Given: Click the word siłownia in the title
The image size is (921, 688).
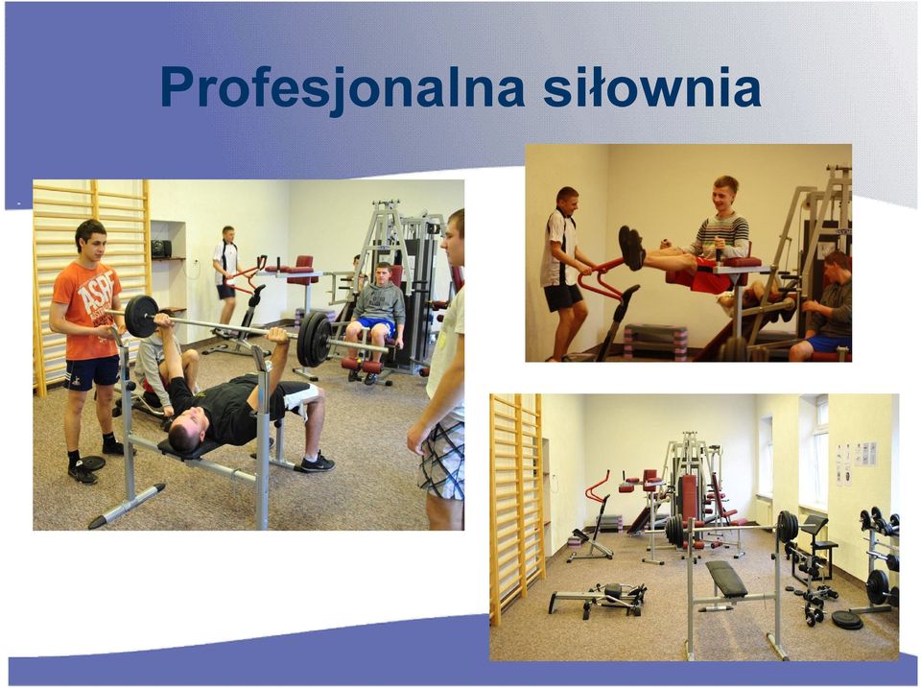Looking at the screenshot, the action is coord(652,86).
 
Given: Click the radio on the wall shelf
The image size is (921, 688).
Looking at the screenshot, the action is coord(161,248).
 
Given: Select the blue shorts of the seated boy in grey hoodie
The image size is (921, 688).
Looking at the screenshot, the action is coord(375,325).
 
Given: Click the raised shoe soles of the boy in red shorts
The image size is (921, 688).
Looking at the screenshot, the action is coord(631,248).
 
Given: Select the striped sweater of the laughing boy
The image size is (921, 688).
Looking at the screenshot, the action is coord(719,237).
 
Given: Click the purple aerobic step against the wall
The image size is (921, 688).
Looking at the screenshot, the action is coord(655,341).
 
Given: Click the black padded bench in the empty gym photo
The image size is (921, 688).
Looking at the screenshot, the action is coord(725,578).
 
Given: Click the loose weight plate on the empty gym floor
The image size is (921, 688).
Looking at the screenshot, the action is coord(846,620).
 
